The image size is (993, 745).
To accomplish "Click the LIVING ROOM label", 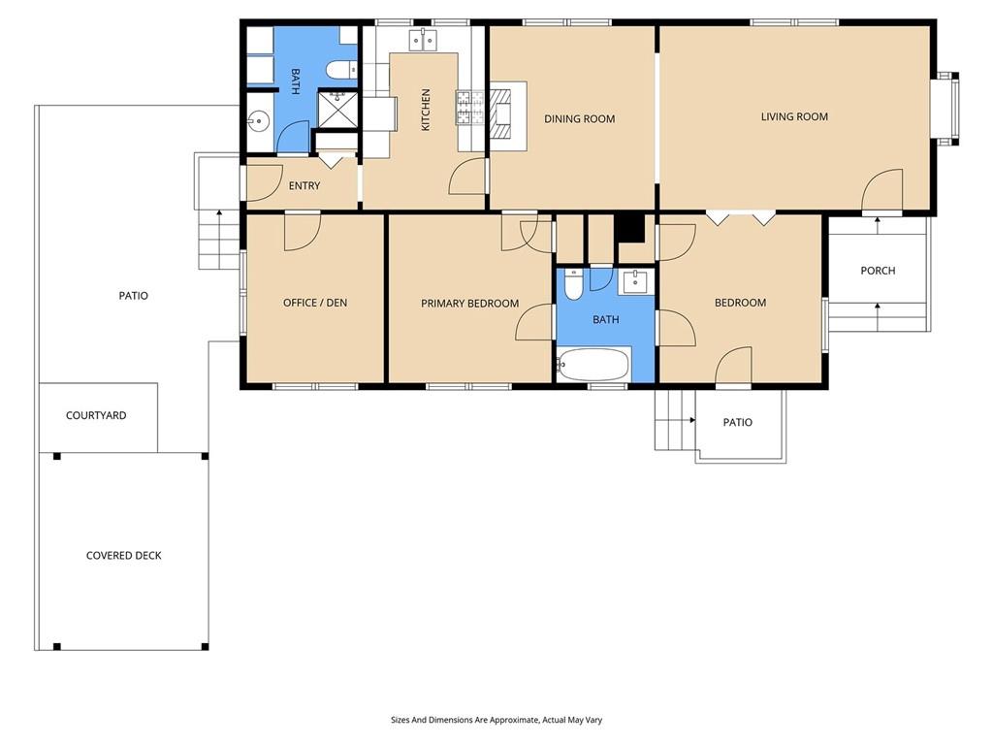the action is (x=794, y=116).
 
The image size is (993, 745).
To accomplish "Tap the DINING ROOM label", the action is (x=580, y=118).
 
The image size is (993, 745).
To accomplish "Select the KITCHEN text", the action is (x=426, y=110).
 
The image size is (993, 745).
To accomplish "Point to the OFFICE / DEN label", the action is (x=315, y=303).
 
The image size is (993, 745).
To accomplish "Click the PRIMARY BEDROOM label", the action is (x=470, y=304).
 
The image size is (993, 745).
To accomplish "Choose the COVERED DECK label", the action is (x=123, y=556).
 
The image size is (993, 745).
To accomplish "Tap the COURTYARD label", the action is (x=96, y=415).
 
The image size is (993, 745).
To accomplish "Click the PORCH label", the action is (x=878, y=271).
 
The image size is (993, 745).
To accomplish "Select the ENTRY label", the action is (x=304, y=185).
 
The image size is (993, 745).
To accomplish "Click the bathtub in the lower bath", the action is (x=593, y=365).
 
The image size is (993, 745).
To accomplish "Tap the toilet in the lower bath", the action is (x=573, y=284).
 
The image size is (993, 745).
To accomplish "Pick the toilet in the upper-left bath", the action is (x=342, y=69).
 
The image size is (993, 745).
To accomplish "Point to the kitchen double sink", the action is (x=422, y=41).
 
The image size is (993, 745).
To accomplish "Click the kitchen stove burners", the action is (x=470, y=107).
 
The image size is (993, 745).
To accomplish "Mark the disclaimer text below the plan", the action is (x=496, y=720).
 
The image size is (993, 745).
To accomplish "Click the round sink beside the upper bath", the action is (x=258, y=120).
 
